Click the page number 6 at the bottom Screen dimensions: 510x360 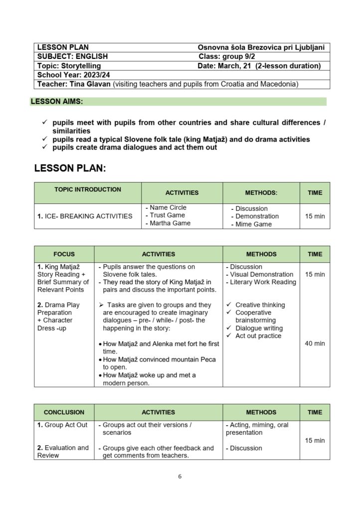click(180, 477)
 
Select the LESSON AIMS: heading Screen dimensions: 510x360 click(57, 102)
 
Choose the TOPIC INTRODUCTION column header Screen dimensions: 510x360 click(87, 189)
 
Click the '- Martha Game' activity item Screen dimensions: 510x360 click(168, 223)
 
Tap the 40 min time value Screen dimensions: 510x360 click(315, 343)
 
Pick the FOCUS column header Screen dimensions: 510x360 click(64, 254)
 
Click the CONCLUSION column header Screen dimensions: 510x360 click(64, 412)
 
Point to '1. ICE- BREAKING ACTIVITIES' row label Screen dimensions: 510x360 click(85, 216)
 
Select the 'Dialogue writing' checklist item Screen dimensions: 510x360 click(259, 328)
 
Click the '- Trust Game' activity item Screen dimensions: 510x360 click(165, 215)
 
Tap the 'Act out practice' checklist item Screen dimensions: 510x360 click(258, 336)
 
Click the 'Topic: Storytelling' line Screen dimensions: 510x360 click(69, 66)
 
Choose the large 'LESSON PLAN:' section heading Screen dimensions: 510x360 click(70, 169)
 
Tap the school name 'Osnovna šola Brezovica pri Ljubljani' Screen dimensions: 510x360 click(261, 47)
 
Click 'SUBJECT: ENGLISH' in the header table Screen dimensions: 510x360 click(72, 56)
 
